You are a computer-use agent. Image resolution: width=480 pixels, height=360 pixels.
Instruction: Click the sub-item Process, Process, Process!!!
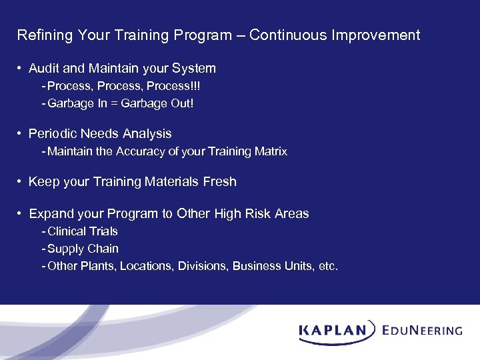click(x=123, y=87)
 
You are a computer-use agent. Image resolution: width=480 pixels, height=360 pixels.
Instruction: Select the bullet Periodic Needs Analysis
click(x=100, y=134)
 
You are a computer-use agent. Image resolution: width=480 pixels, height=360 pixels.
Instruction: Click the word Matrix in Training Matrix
click(x=270, y=152)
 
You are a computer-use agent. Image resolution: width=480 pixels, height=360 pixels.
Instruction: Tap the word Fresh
click(x=219, y=182)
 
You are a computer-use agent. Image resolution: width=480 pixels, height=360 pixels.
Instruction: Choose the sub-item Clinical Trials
click(x=83, y=231)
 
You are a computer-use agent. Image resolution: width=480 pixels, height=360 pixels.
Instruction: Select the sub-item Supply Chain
click(x=83, y=249)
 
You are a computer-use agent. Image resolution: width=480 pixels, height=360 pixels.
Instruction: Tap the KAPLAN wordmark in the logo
click(x=338, y=330)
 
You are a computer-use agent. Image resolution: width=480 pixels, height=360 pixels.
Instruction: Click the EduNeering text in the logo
click(x=423, y=330)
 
